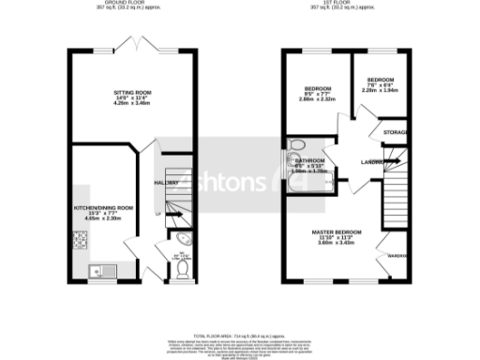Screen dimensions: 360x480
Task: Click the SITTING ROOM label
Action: pyautogui.click(x=131, y=93)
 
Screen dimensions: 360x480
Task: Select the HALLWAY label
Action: pyautogui.click(x=165, y=183)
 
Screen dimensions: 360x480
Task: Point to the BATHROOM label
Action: pyautogui.click(x=304, y=160)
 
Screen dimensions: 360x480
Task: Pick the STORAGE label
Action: pyautogui.click(x=395, y=133)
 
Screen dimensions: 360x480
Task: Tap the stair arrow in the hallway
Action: pyautogui.click(x=169, y=212)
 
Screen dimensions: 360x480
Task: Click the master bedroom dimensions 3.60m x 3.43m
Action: pyautogui.click(x=337, y=242)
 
